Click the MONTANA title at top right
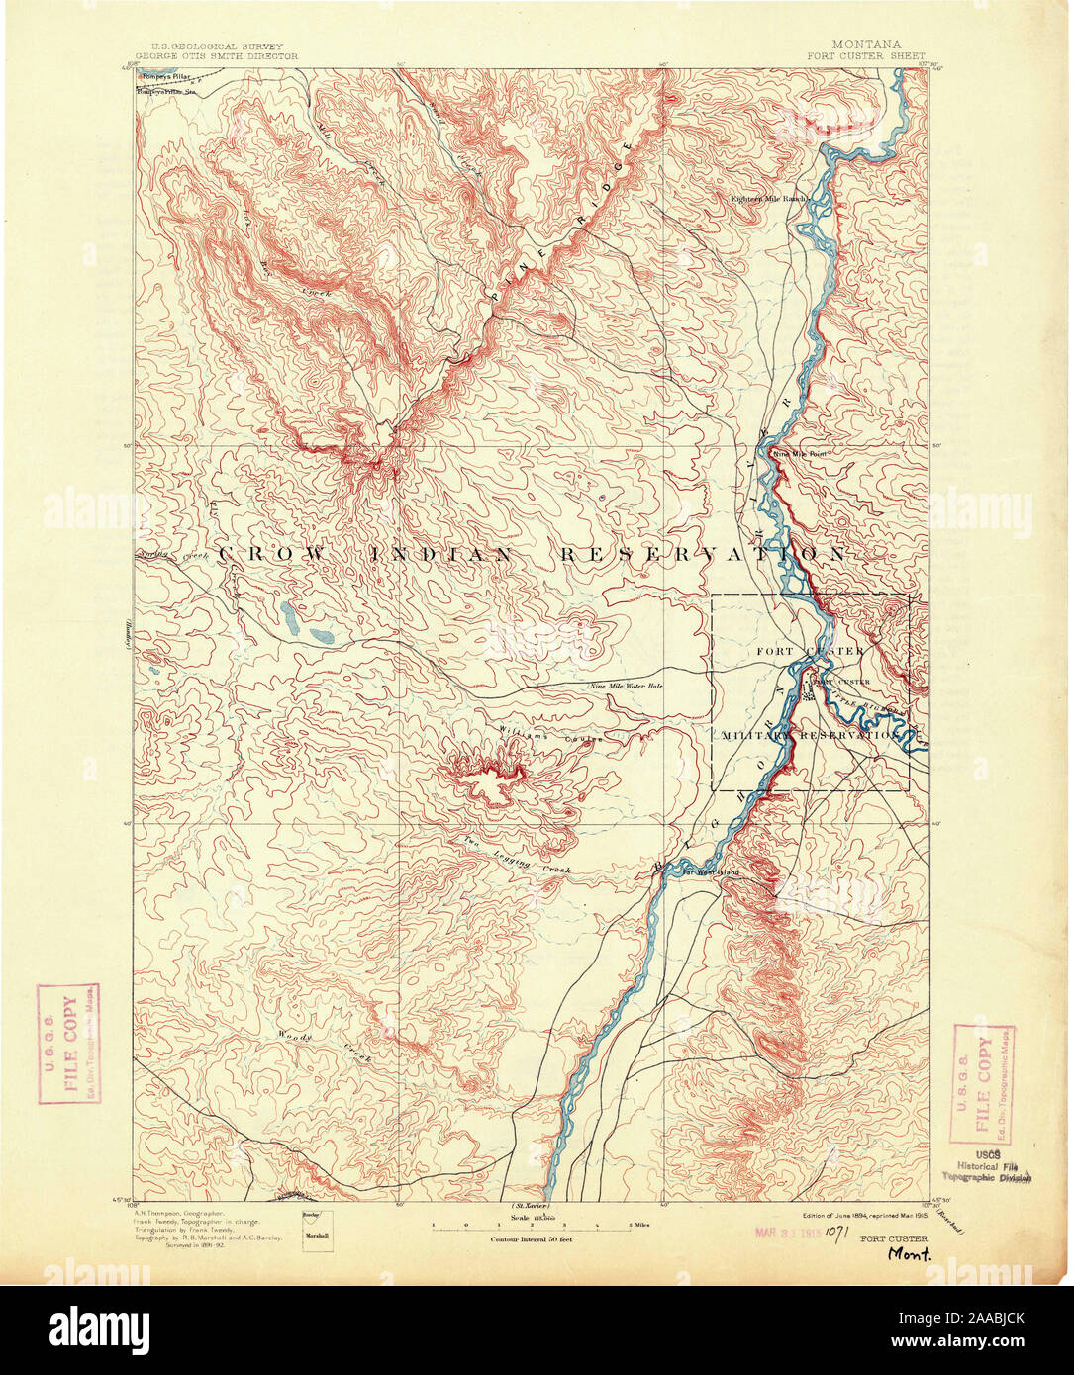[x=866, y=45]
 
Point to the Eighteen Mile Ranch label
[x=768, y=198]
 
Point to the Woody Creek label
[x=327, y=1046]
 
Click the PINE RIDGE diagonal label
[x=557, y=236]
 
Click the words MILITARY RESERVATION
[x=809, y=736]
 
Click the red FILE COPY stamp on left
[x=66, y=1049]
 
